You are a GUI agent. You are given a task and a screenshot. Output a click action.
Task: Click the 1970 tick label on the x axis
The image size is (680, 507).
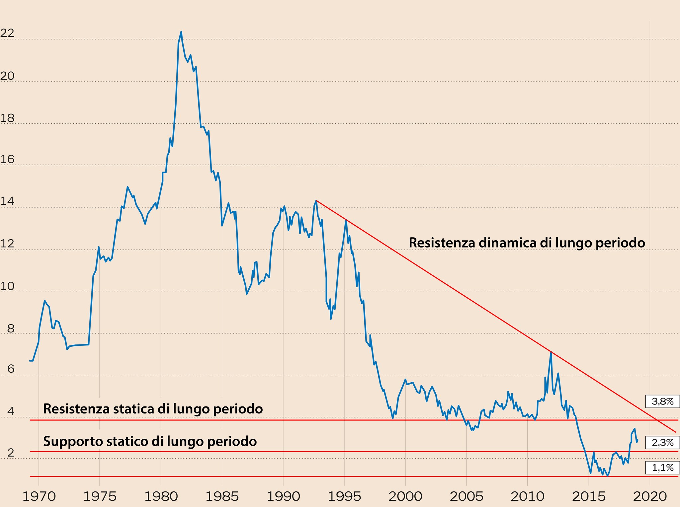point(39,497)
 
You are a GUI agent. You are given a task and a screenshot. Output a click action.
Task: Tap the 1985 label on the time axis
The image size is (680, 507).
point(222,497)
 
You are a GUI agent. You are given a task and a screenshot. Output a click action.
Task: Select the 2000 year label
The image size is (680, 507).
point(405,497)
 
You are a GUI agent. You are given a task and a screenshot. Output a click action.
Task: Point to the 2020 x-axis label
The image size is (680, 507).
point(649,497)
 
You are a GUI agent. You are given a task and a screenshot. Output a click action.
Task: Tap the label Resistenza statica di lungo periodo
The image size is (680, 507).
point(153,409)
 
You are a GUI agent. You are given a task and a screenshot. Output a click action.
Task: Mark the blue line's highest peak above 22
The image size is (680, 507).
point(181,32)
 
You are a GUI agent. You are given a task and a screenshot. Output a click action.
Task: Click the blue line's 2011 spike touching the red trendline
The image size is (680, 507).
point(551,352)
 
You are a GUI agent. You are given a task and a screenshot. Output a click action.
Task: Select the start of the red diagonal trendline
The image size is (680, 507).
point(316,200)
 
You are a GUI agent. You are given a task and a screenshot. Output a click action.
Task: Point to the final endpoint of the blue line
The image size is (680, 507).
point(638,440)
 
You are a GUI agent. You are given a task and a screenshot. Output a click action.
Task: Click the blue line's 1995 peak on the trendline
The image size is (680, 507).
point(346,219)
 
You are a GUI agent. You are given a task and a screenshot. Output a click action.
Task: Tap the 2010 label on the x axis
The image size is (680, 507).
point(527,497)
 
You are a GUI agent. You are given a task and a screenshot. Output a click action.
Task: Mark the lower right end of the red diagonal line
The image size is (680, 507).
point(676,432)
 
